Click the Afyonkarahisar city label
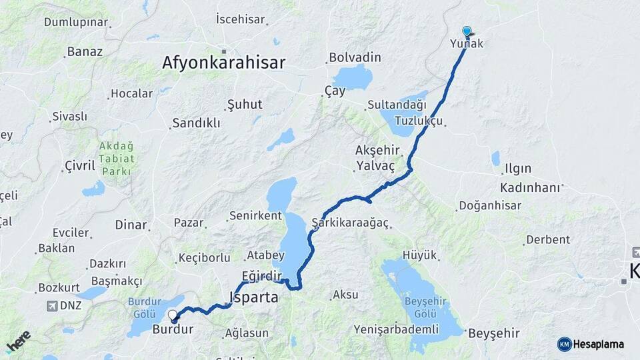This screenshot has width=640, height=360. point(223,63)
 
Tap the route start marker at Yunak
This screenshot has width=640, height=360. point(467,31)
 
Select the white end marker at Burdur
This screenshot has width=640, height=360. point(173,315)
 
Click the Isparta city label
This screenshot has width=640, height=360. point(253,297)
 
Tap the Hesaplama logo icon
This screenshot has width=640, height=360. point(565,344)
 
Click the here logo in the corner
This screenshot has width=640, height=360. point(18,341)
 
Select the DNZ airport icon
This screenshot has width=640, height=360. point(52,306)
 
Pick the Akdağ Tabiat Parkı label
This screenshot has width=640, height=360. point(117,159)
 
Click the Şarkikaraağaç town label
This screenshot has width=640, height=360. point(350,222)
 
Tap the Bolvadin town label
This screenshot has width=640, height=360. point(355,57)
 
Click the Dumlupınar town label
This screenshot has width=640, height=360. point(76,22)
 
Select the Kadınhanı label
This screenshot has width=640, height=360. point(531,187)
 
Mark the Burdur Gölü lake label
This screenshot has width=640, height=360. point(145,307)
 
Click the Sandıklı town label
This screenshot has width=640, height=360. point(196,123)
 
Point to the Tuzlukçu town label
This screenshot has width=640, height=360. point(418,121)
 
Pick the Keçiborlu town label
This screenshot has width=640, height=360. point(204,258)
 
